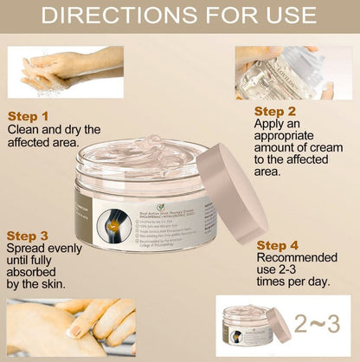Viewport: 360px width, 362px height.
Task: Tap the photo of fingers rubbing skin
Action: click(x=71, y=327)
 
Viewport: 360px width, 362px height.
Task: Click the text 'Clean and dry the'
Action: click(x=54, y=129)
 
